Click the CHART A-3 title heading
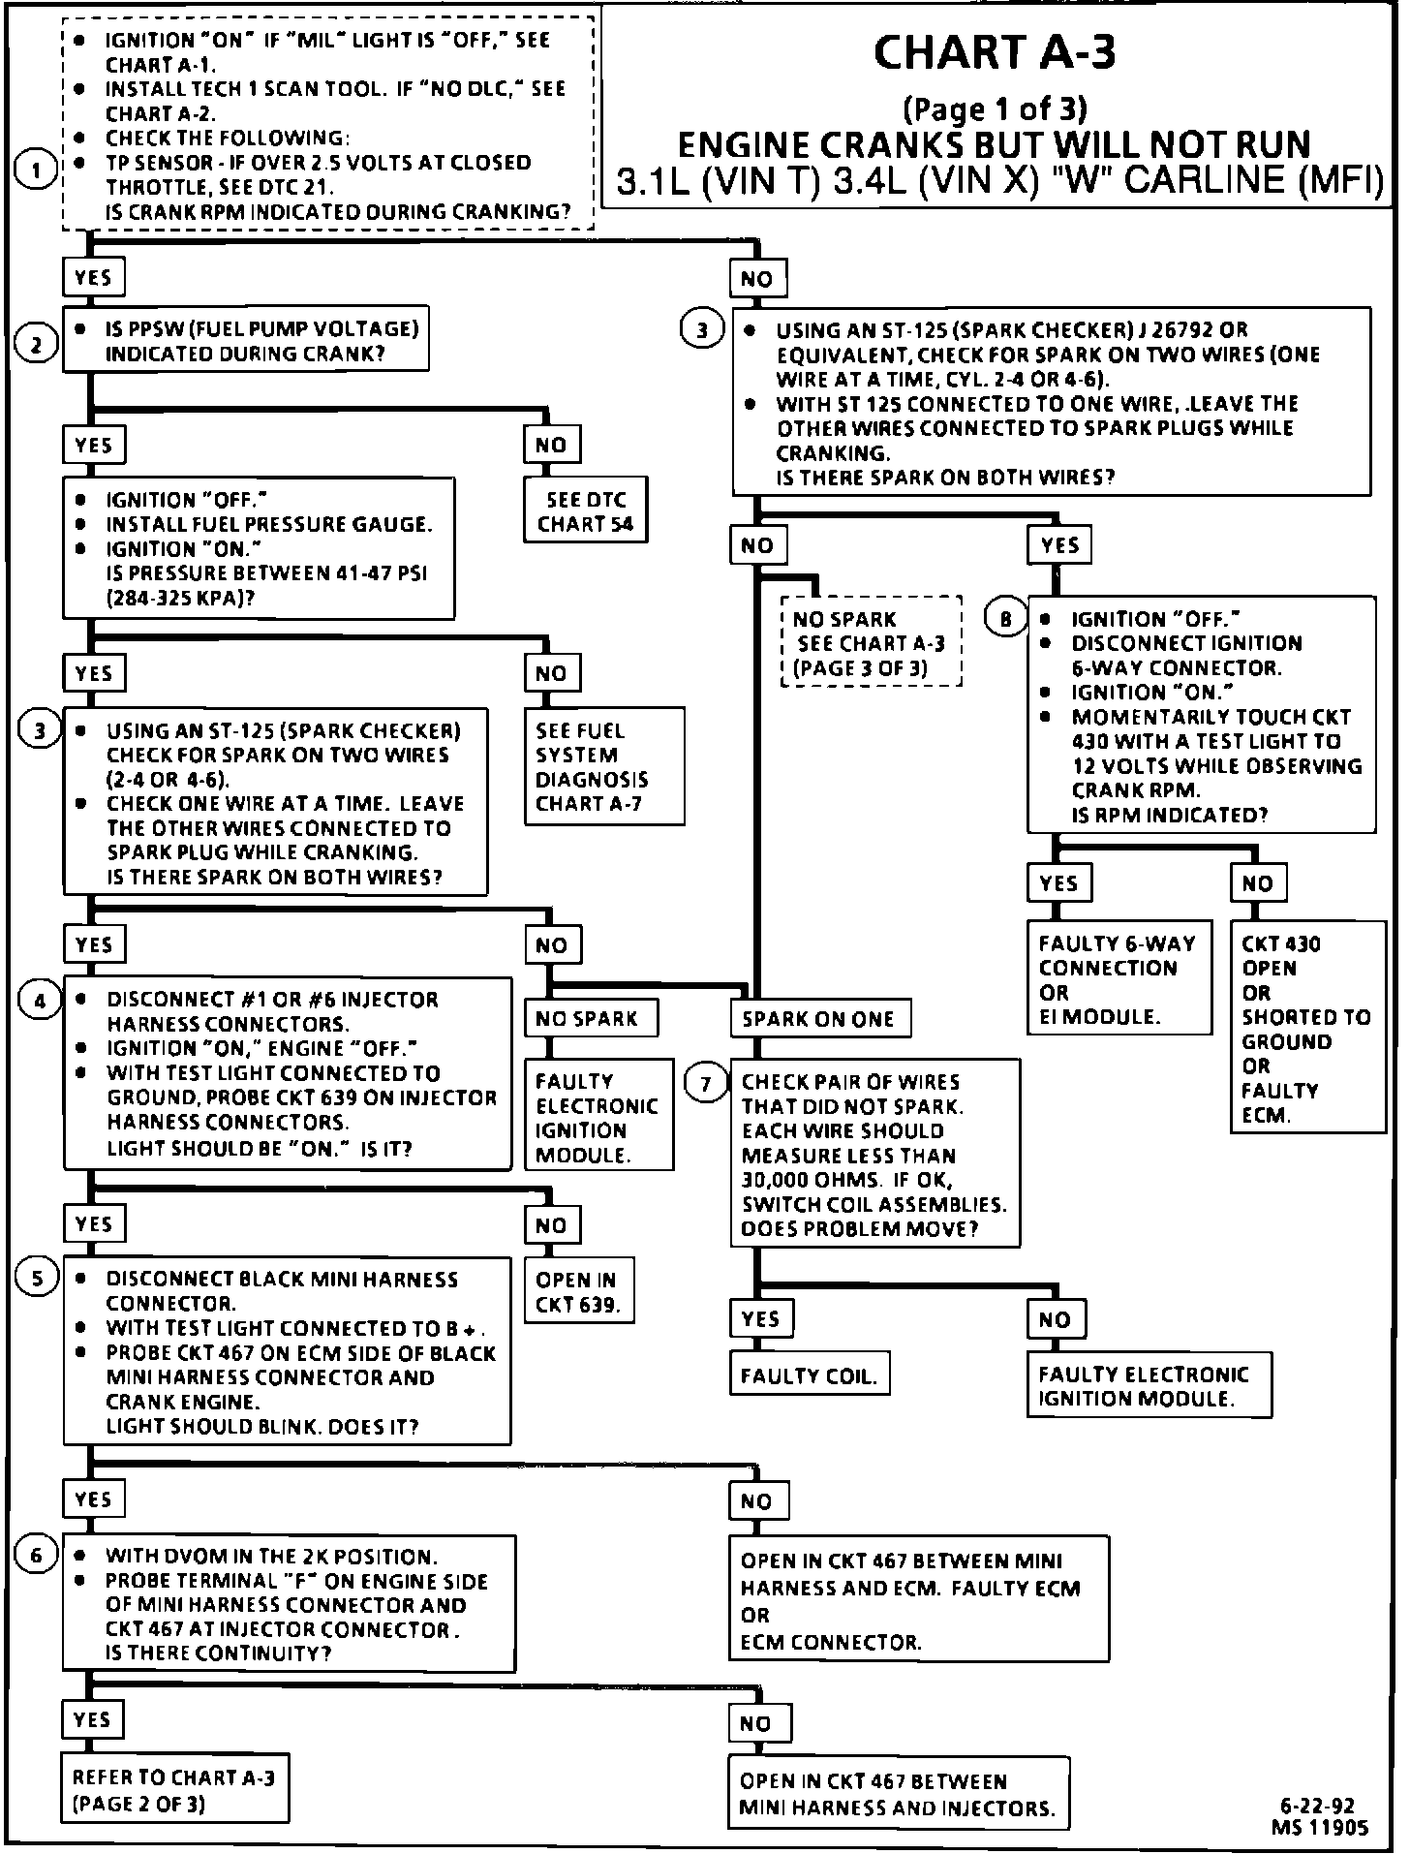(x=994, y=53)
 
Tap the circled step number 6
(x=37, y=1556)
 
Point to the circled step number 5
(x=37, y=1279)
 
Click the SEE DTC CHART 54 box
(x=585, y=511)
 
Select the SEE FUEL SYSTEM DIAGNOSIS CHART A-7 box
(x=603, y=766)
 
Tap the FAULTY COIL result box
(x=809, y=1375)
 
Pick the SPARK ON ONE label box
(x=819, y=1019)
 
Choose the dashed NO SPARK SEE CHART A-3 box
(x=870, y=642)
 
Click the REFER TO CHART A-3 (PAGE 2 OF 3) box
(x=174, y=1790)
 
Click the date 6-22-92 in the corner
(x=1317, y=1806)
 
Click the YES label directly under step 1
(x=93, y=278)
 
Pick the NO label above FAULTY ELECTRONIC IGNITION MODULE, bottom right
(x=1056, y=1319)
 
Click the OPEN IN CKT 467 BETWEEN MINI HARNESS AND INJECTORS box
(x=898, y=1794)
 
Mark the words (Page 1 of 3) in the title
(x=994, y=108)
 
